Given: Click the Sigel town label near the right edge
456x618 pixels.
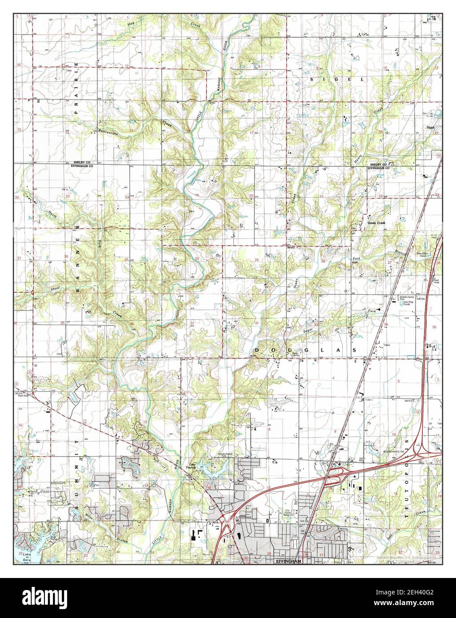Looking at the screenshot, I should tap(430, 127).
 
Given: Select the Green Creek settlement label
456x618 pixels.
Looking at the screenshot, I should tap(376, 222).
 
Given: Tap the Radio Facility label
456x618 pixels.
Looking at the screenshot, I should tap(295, 354).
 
